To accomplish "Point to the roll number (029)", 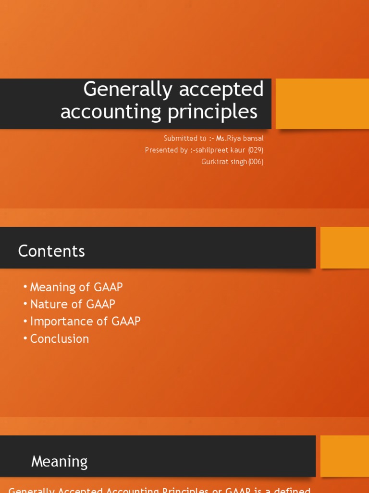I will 256,150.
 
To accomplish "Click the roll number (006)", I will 256,162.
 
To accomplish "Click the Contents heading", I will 51,251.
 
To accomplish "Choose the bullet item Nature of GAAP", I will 73,304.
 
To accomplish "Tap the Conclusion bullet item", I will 60,339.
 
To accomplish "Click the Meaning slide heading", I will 60,462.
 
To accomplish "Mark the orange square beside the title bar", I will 322,104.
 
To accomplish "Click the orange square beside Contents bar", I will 344,247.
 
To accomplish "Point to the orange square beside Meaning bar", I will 344,456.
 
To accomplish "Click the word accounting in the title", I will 104,112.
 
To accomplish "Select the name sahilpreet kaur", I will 219,150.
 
